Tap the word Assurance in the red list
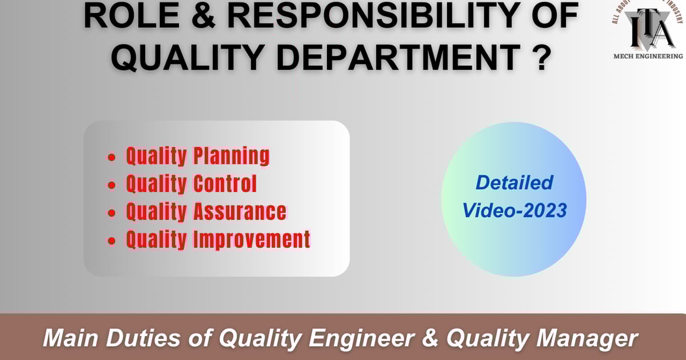(240, 211)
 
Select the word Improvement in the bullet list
(252, 239)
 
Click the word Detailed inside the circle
(514, 183)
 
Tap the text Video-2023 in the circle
(514, 210)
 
